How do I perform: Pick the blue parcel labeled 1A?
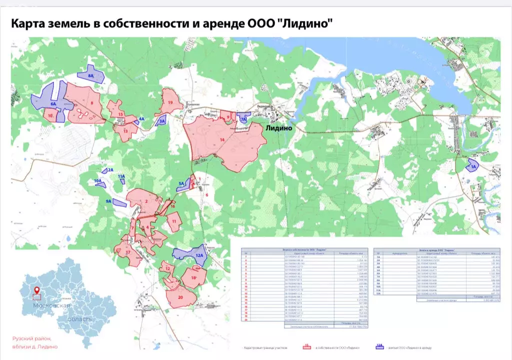click(472, 165)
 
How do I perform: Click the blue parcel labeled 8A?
click(91, 74)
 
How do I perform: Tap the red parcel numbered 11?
click(174, 221)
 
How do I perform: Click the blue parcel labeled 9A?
click(119, 202)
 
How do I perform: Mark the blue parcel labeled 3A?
click(161, 120)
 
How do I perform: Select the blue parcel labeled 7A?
click(243, 118)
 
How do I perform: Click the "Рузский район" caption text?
click(30, 339)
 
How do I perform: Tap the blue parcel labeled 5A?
click(182, 184)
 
